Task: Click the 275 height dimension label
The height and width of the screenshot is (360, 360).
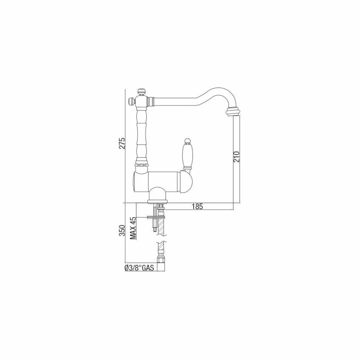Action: click(122, 143)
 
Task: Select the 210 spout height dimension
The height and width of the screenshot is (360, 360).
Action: click(236, 157)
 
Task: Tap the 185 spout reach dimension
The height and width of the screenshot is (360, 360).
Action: click(197, 207)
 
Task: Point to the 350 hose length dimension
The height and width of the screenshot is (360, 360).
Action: click(122, 230)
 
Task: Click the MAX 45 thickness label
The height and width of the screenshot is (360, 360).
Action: click(133, 228)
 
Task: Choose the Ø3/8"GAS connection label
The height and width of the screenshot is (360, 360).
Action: click(139, 268)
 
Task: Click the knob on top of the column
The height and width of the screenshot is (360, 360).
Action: click(141, 91)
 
